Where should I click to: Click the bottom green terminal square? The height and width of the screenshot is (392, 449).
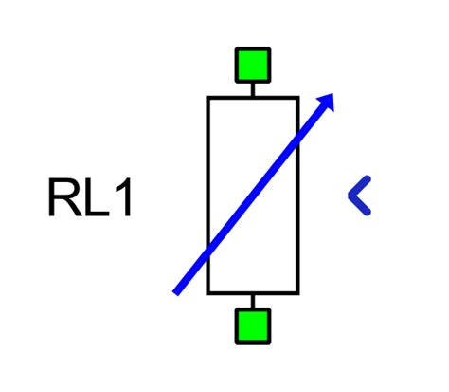click(x=253, y=326)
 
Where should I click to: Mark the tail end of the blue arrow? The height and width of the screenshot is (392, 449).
click(x=176, y=291)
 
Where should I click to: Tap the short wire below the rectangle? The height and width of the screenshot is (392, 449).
click(x=253, y=301)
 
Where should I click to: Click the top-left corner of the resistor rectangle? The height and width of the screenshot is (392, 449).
click(x=208, y=97)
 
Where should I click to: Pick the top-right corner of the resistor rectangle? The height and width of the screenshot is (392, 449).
click(x=298, y=97)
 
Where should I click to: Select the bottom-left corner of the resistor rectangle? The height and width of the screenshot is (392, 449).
click(x=208, y=293)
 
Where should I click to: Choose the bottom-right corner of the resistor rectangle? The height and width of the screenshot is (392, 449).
click(x=298, y=293)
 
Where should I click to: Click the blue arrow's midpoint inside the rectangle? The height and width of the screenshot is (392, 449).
click(x=253, y=194)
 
